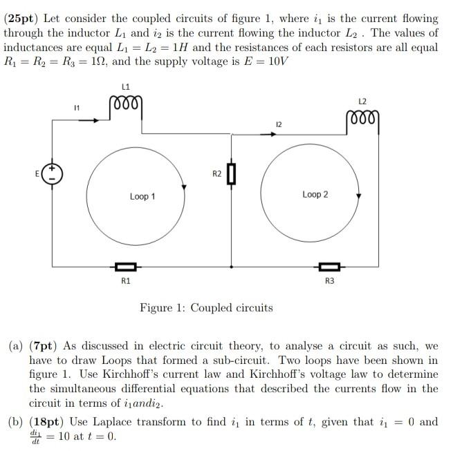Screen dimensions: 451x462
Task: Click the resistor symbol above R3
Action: [x=329, y=266]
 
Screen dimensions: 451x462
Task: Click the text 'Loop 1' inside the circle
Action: [x=142, y=197]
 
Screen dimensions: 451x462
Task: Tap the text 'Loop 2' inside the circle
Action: [x=315, y=195]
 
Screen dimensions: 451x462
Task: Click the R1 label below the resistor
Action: [x=125, y=281]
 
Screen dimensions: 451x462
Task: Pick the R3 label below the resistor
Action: [x=329, y=281]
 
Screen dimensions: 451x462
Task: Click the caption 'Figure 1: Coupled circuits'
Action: [x=206, y=308]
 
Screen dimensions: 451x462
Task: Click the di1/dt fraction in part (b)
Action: [x=35, y=437]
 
